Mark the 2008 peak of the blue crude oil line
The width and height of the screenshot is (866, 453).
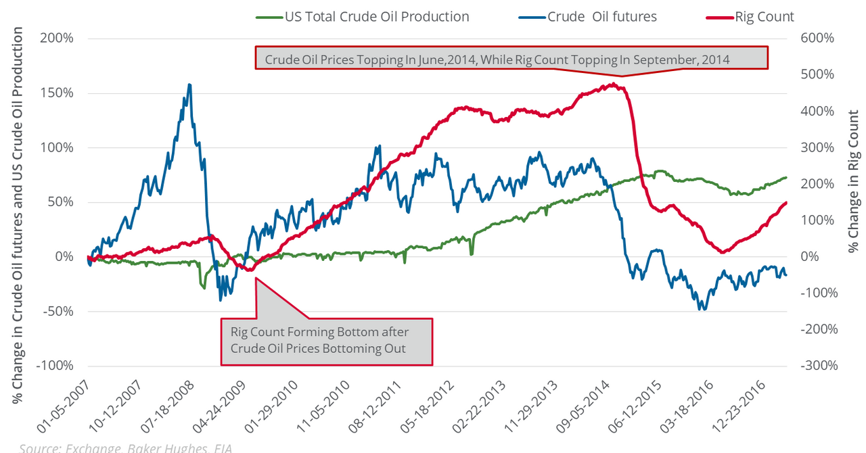point(189,85)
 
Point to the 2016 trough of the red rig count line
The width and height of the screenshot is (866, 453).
point(723,252)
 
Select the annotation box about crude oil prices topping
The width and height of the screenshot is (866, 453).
point(511,58)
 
